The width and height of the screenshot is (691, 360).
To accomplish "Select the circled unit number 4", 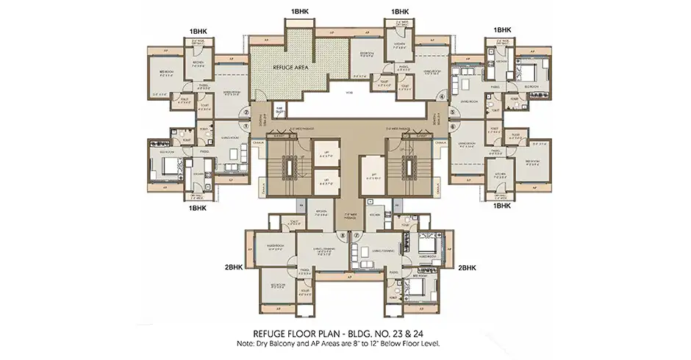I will [442, 96].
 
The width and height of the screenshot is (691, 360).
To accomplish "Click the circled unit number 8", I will [340, 235].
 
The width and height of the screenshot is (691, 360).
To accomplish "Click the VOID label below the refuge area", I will [350, 93].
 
